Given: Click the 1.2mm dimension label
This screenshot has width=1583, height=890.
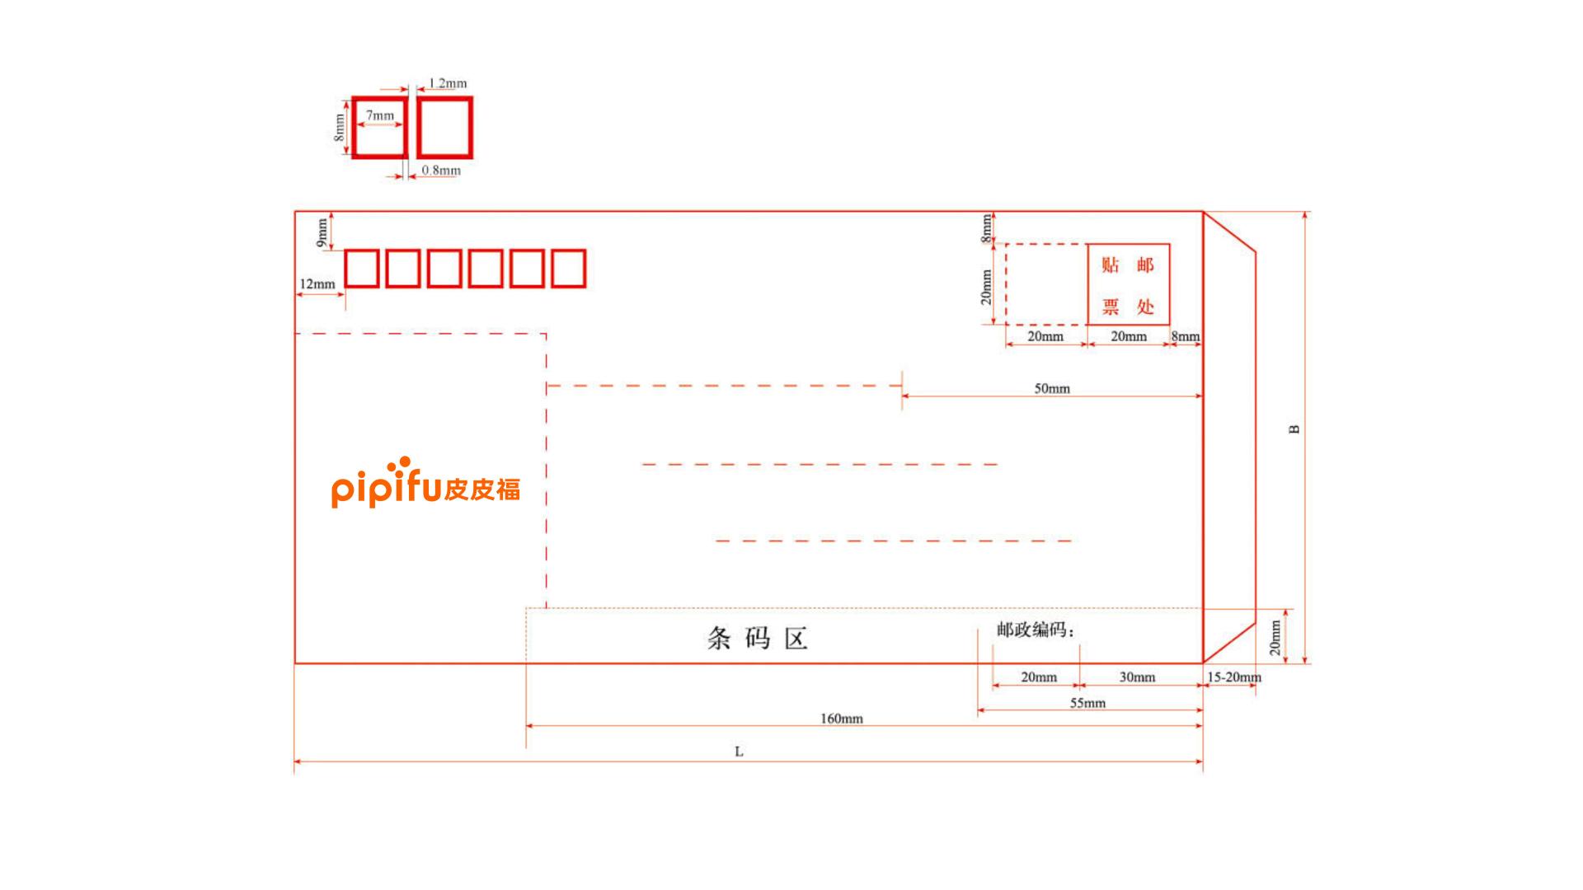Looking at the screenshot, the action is (448, 83).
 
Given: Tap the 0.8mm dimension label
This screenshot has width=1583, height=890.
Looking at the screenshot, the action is (441, 171).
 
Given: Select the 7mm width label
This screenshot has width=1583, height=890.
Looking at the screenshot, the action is (380, 115).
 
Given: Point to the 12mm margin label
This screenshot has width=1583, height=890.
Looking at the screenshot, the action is (317, 284).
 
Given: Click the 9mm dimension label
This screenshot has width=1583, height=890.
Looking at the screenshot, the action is (322, 232).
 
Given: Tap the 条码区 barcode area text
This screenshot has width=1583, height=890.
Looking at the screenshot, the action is (757, 638).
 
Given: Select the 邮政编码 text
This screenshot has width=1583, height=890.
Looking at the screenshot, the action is (1036, 630).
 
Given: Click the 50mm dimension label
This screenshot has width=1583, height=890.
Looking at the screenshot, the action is (1052, 388).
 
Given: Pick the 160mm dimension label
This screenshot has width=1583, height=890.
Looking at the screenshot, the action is (841, 719).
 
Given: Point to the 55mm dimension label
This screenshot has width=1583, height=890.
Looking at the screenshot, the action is (1087, 703).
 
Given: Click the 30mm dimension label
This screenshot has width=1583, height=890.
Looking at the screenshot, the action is (1137, 677).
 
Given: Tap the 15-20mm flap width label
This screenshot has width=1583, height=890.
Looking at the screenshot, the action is (1234, 677).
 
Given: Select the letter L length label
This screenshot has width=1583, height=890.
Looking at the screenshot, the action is (739, 752).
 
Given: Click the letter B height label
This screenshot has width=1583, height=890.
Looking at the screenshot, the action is (1294, 429).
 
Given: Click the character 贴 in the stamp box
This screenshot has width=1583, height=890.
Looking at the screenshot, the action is (1111, 265).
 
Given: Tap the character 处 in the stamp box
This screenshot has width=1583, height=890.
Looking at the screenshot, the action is (1145, 307).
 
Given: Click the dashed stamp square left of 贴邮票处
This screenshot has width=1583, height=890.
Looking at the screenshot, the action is (1006, 284).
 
